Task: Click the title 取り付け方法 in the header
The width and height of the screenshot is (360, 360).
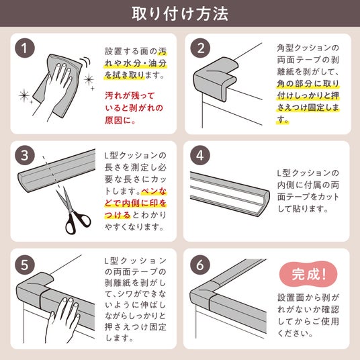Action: [180, 13]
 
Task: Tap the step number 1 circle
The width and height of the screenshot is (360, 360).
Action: [25, 48]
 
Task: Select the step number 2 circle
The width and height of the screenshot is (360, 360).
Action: [200, 48]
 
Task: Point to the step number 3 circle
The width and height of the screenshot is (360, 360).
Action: [25, 155]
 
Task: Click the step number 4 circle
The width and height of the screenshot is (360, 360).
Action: [200, 155]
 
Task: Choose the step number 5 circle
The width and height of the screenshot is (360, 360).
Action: [25, 265]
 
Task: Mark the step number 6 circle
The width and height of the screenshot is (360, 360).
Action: [200, 265]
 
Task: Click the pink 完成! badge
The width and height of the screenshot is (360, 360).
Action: [308, 274]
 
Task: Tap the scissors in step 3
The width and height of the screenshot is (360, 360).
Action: [73, 210]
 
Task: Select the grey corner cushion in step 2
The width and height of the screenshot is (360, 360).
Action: [216, 78]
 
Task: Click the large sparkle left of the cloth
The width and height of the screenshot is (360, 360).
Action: [24, 95]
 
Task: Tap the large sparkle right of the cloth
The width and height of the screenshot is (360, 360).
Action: [89, 80]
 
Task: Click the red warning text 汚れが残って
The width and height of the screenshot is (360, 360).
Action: [130, 95]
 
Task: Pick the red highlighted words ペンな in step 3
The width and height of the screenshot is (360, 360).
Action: [154, 191]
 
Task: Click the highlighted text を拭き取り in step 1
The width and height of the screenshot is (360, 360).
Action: [124, 75]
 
